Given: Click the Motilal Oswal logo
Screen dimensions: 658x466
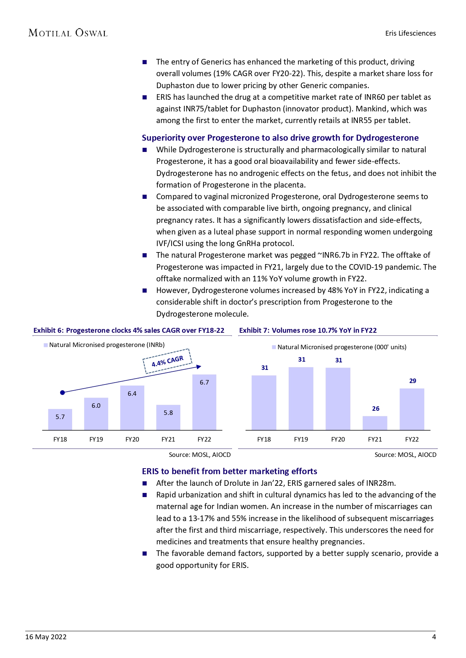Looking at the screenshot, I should [x=68, y=33].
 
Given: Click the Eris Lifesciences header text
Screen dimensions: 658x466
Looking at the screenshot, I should [x=410, y=33].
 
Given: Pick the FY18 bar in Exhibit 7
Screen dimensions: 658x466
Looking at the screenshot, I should [x=264, y=403].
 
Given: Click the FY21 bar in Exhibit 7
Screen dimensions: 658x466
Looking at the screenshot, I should [x=375, y=423].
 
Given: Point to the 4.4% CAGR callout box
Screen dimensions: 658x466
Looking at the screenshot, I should [x=167, y=361].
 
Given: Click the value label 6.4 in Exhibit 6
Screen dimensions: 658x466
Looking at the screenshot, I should [x=132, y=394].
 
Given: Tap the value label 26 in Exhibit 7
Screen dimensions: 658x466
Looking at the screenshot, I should [x=376, y=409].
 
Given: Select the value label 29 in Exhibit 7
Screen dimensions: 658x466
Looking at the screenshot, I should [x=413, y=381].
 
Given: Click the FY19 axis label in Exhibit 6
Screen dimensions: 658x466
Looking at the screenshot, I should [x=96, y=439].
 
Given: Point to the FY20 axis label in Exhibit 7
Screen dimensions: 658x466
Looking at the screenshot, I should [x=338, y=439].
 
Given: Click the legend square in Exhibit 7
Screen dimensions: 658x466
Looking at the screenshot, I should [x=274, y=347].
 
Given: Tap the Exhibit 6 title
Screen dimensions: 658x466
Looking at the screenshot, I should [x=129, y=331].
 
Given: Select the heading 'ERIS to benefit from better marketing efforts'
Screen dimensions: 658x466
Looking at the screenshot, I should [x=229, y=471].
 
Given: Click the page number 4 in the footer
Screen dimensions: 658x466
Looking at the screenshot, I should [x=434, y=637].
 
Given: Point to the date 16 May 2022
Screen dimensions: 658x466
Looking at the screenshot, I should [x=46, y=637].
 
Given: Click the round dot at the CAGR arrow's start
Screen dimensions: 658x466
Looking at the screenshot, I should [x=63, y=392].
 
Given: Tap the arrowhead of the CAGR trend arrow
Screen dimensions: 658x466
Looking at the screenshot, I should [x=199, y=367].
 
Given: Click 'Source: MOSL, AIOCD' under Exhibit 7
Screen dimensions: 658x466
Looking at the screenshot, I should [x=405, y=455].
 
